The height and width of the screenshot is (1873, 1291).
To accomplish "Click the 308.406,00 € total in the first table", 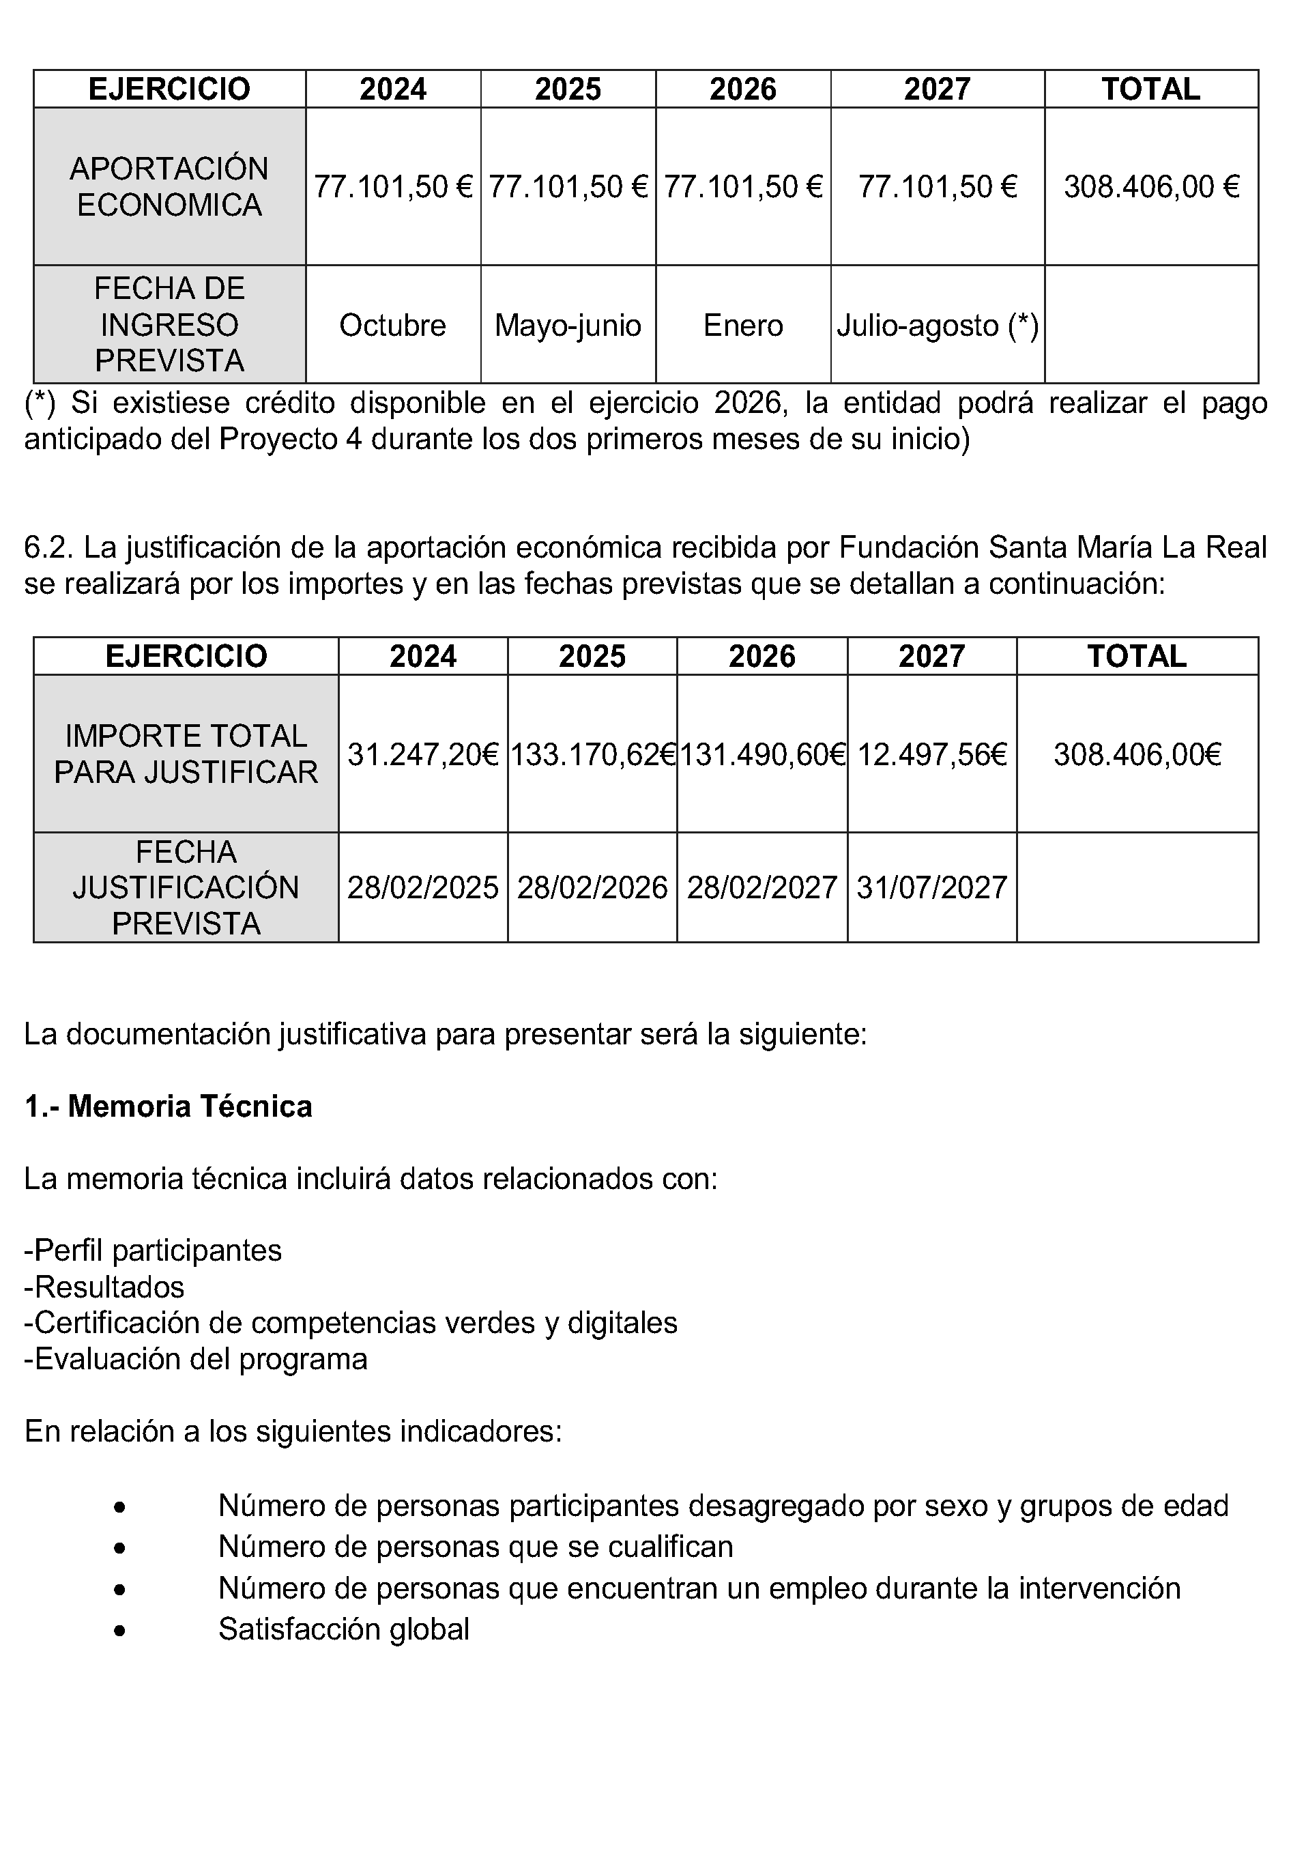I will [x=1151, y=187].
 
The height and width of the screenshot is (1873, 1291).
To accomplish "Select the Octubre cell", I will [x=392, y=325].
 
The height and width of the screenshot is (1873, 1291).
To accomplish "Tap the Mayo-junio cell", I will [x=568, y=325].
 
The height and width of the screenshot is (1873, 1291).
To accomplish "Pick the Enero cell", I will [x=742, y=325].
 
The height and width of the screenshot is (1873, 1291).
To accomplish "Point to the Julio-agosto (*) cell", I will [x=938, y=325].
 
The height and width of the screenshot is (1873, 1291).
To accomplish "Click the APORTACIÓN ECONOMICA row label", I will [x=169, y=187].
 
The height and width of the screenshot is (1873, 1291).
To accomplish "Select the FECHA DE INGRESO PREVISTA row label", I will [x=169, y=324].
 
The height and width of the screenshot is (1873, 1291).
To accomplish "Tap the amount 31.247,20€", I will [x=423, y=755].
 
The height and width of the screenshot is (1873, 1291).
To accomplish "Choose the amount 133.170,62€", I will [x=593, y=755].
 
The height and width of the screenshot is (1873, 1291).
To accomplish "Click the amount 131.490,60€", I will [x=762, y=755].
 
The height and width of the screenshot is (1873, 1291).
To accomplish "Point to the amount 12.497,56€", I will [x=932, y=755].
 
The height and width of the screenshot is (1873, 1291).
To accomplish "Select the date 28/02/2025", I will [x=423, y=888].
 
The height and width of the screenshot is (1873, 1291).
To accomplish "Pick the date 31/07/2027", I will [x=932, y=888].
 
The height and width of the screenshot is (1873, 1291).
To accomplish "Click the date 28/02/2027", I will [x=762, y=888].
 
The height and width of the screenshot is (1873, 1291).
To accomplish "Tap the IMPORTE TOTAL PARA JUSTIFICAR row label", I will [x=186, y=754].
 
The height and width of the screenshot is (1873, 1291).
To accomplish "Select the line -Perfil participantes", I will [x=153, y=1250].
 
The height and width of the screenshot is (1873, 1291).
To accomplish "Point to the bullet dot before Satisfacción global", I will [x=119, y=1630].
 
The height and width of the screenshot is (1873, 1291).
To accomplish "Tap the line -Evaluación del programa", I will [x=196, y=1359].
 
